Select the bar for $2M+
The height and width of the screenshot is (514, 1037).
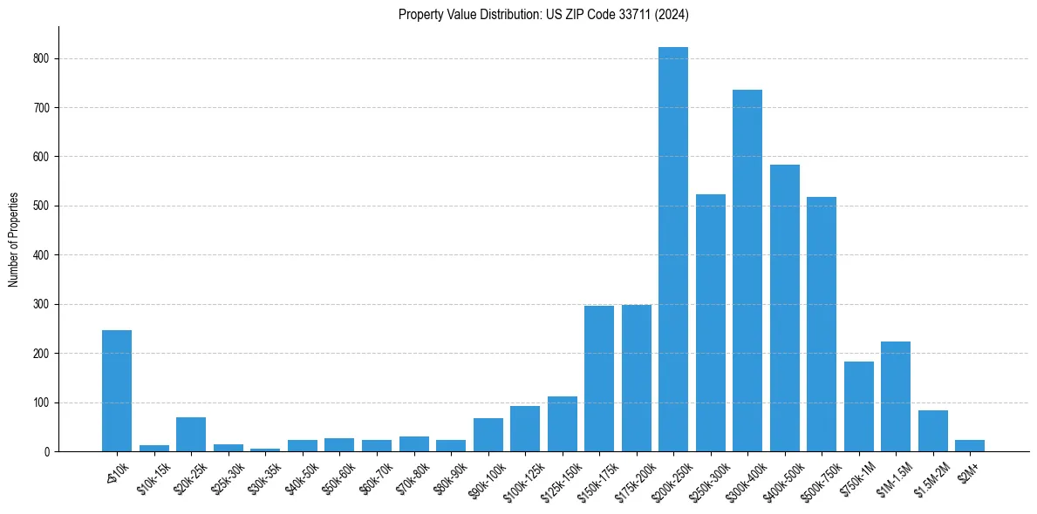click(x=970, y=445)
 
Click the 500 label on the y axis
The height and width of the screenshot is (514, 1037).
click(x=44, y=206)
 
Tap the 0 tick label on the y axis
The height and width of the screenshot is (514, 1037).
click(x=48, y=452)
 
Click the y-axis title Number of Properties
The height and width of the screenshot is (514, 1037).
click(x=14, y=240)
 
